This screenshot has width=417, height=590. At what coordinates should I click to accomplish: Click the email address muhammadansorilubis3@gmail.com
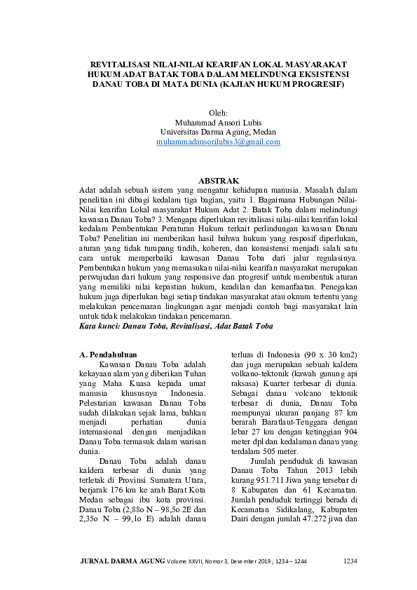tap(219, 142)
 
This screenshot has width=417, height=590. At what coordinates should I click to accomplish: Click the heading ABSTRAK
tap(219, 180)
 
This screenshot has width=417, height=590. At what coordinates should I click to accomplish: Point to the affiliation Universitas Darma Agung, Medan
tap(219, 131)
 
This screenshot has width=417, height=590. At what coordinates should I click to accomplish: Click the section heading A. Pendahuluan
tap(109, 355)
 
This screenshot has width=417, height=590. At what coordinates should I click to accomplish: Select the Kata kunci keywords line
tap(176, 327)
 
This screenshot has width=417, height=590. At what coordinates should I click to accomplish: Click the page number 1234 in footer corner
tap(350, 561)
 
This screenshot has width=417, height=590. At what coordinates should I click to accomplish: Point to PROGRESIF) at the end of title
tap(320, 83)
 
